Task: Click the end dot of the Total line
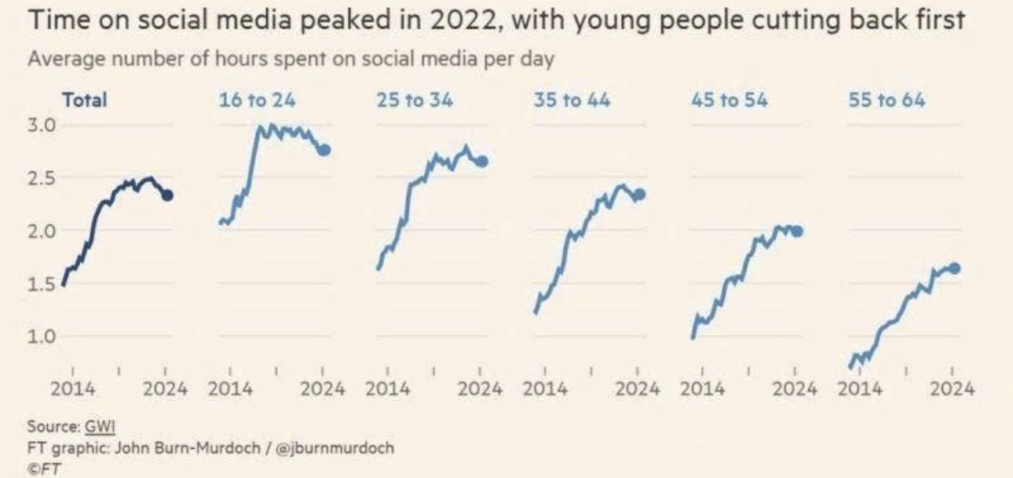click(166, 195)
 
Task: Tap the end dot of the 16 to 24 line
click(324, 150)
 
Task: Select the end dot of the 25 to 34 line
click(482, 161)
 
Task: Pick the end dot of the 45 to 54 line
click(797, 231)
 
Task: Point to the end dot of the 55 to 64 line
click(954, 268)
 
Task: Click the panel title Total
click(84, 100)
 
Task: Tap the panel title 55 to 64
click(887, 100)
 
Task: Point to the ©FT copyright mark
click(44, 469)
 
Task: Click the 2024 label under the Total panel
click(166, 389)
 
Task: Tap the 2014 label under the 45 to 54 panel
click(702, 389)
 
